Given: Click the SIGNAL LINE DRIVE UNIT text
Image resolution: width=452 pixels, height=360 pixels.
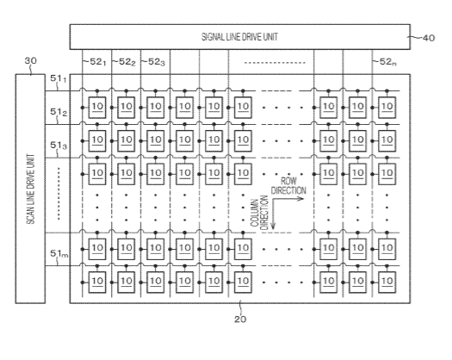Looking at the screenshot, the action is click(x=239, y=37).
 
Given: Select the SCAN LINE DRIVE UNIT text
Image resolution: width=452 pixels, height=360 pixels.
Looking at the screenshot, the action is click(x=30, y=189).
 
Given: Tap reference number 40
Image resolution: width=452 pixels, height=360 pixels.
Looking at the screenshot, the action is click(x=429, y=38).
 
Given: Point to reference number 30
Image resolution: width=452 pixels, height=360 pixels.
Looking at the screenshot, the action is click(x=30, y=61).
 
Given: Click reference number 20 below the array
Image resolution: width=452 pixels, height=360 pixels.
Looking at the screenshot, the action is click(x=240, y=320).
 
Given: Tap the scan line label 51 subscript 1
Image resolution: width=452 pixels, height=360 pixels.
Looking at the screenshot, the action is click(x=59, y=78).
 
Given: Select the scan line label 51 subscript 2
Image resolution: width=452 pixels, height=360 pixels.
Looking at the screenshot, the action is click(x=59, y=112).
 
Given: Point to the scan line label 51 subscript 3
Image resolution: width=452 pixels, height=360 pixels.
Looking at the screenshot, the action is click(x=59, y=146).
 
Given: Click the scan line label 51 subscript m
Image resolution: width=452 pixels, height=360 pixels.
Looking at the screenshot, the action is click(x=59, y=253).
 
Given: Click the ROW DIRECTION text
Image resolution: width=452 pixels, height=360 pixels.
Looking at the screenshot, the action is click(x=288, y=186).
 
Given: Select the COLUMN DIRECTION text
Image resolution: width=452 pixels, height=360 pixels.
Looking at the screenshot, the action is click(x=259, y=214).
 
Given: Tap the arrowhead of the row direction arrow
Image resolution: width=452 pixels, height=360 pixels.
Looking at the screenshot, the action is click(x=302, y=198).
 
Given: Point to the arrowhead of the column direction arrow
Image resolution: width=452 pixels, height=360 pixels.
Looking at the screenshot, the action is click(x=273, y=227).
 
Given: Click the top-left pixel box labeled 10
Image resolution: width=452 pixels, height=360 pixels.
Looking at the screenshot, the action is click(x=97, y=108).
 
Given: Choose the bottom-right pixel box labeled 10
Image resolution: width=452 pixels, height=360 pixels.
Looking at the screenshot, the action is click(x=387, y=282).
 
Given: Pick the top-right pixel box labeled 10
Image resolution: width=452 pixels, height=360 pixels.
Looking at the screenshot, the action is click(x=387, y=108).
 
